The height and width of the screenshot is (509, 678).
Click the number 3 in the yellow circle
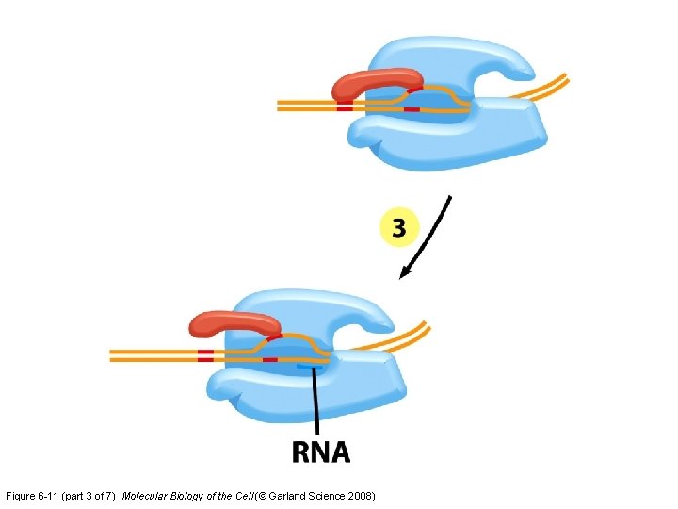pos(399,228)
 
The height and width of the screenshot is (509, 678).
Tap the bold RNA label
pos(321,452)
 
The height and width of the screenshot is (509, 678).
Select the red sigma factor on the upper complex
pos(377,83)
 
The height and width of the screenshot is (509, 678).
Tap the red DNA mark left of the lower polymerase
pos(205,355)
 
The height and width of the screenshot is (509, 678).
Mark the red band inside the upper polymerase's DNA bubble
pos(412,110)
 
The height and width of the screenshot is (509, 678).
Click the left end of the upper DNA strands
pos(281,106)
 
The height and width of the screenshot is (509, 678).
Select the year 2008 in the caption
pos(360,496)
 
